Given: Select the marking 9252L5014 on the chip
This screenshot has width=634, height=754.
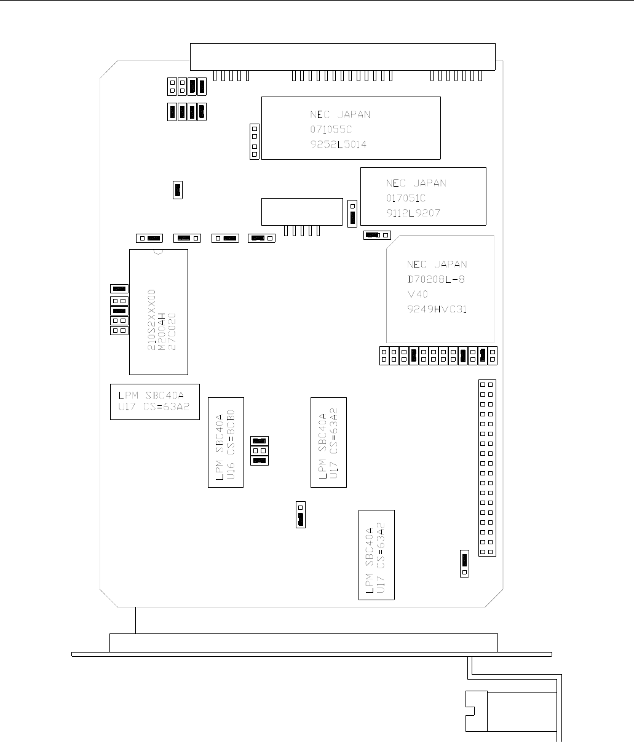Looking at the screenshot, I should [x=340, y=145].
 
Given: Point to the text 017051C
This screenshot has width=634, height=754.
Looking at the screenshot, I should [x=406, y=198].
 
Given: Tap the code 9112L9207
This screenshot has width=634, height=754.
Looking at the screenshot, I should [x=413, y=213].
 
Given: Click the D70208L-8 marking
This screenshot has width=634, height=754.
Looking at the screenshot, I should [x=437, y=280].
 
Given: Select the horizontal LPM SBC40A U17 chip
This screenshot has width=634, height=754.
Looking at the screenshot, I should [x=154, y=401].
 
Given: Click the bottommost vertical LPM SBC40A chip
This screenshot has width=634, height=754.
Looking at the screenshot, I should [x=376, y=554].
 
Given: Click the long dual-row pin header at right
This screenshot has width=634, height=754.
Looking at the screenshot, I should [x=486, y=468].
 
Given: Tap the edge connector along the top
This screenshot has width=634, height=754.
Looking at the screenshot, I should [x=343, y=57].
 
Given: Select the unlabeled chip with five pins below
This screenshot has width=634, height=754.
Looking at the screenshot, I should [x=302, y=211].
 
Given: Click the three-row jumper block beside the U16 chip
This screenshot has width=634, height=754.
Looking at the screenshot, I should [x=259, y=451].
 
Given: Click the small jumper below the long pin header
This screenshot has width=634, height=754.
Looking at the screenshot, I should [x=464, y=564].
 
